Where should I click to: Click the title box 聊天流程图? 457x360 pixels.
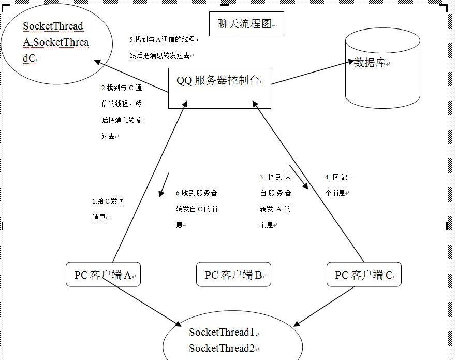coord(246,24)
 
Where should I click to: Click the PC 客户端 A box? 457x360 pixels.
coord(104,274)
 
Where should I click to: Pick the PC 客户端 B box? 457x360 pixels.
coord(233,274)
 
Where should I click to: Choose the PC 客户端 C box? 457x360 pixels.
coord(364,274)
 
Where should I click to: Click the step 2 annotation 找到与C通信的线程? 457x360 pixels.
coord(122,112)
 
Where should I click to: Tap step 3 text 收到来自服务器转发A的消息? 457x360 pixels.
coord(275,200)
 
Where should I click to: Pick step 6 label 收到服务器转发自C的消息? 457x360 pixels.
coord(196,208)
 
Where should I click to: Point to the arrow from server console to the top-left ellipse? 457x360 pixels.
coord(132,76)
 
